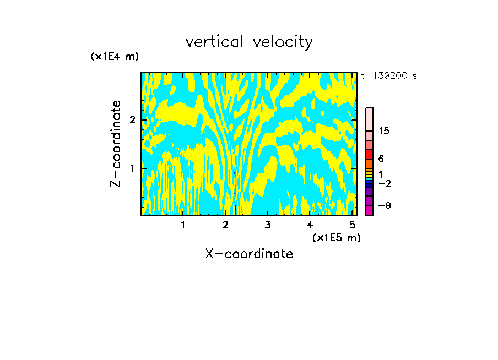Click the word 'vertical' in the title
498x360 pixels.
point(214,42)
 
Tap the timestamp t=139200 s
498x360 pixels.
point(389,76)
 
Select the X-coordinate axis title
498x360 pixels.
point(249,254)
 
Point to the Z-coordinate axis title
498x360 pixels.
point(116,144)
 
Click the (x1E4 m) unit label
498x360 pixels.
point(115,57)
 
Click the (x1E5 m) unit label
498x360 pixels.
point(336,237)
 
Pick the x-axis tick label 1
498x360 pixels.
point(183,225)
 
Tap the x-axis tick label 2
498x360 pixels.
point(225,225)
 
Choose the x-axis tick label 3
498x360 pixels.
point(268,225)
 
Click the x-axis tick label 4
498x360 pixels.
point(310,225)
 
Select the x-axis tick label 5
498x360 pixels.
point(352,225)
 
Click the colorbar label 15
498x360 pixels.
point(384,131)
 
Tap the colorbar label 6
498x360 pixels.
point(381,159)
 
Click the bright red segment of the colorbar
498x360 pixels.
point(369,154)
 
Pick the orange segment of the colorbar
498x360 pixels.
point(369,163)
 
